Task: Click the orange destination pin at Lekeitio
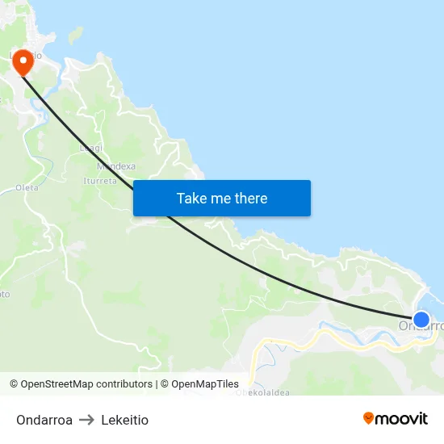(x=23, y=61)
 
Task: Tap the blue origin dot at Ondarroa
(x=421, y=319)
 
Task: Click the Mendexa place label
(x=115, y=166)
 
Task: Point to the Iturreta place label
(x=100, y=181)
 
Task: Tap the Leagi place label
(x=91, y=149)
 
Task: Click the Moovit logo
(x=396, y=418)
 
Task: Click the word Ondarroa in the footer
(x=44, y=420)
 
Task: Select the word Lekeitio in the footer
(x=125, y=420)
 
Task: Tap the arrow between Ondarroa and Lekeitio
(x=86, y=420)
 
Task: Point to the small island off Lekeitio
(x=75, y=34)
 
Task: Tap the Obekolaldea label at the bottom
(x=262, y=393)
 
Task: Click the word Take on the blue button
(x=191, y=199)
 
